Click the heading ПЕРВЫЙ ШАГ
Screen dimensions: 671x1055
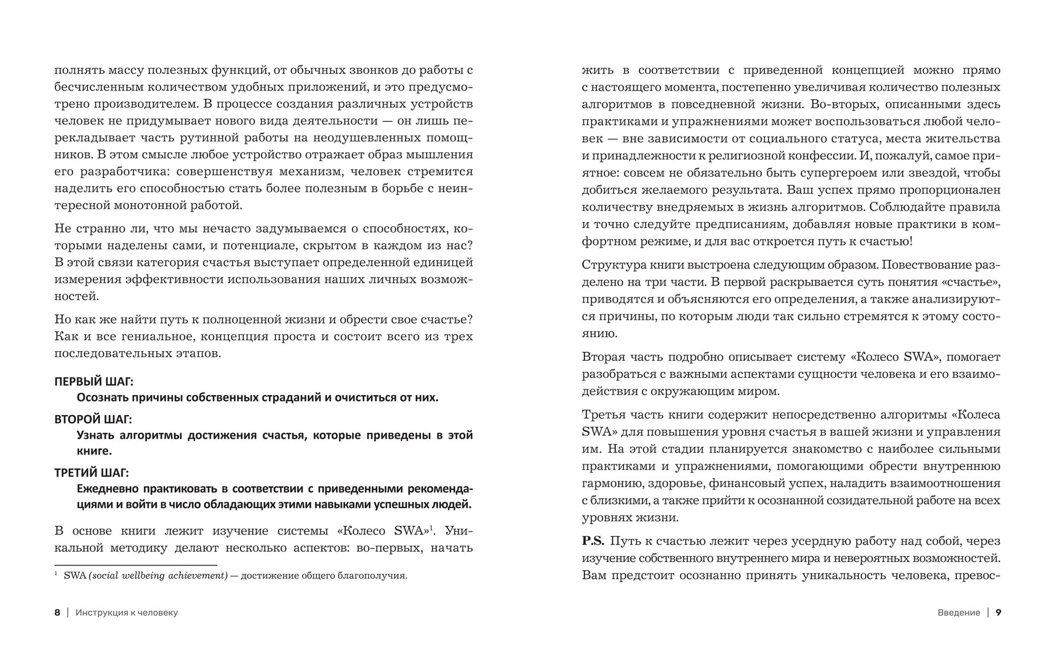(94, 381)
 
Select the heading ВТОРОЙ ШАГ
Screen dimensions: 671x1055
(93, 419)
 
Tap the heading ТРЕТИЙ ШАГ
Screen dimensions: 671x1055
(91, 472)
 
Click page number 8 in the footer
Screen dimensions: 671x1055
(57, 612)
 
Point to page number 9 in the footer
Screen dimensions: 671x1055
(998, 612)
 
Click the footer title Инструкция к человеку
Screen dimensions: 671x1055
(127, 612)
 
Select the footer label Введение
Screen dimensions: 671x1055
(958, 612)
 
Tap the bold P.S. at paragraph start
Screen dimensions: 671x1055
(593, 541)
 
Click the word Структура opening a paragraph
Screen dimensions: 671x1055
(613, 265)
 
